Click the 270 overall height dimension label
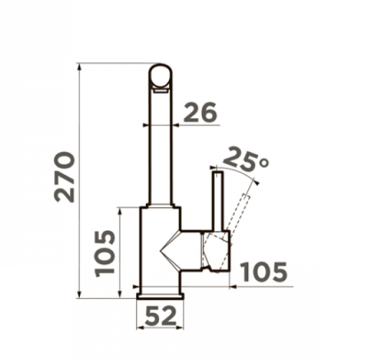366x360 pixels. pos(65,176)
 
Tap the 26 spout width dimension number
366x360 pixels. pos(201,112)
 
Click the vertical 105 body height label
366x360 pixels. pos(104,254)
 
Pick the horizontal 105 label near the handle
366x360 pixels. pos(264,272)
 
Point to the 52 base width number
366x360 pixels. pos(161,316)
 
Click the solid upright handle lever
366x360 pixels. pos(219,201)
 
